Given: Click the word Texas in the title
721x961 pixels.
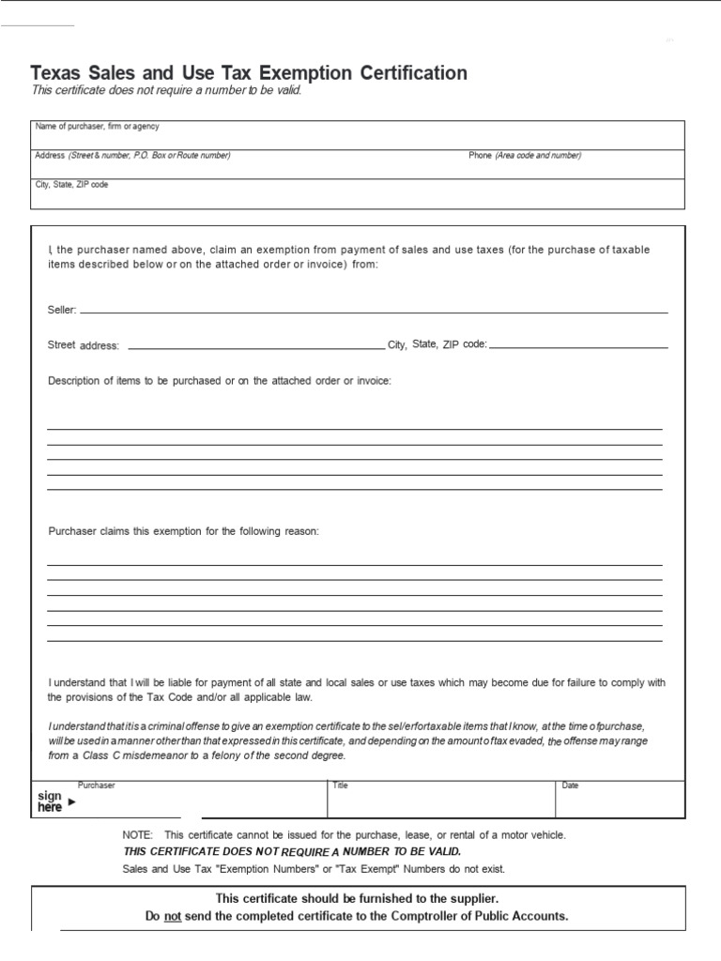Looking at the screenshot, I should [x=55, y=73].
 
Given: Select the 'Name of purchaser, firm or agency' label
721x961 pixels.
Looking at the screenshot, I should [x=97, y=126].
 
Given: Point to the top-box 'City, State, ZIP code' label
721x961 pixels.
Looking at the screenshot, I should [x=71, y=185].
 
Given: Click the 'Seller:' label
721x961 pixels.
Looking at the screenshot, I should [x=62, y=310].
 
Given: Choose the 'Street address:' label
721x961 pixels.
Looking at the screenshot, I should [x=84, y=345].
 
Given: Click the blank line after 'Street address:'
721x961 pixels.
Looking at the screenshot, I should [x=255, y=347].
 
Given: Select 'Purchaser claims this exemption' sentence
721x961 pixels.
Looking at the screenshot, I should [x=184, y=531].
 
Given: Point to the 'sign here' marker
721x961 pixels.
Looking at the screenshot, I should [x=50, y=801].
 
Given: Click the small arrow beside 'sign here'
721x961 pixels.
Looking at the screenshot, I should [x=72, y=801].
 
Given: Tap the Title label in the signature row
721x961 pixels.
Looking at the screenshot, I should [x=340, y=786].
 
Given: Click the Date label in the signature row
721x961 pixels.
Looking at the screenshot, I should [x=571, y=786].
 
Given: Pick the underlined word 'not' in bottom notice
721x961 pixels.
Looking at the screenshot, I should [x=173, y=916].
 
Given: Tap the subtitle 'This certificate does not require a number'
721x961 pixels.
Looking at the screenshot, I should [x=166, y=90].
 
